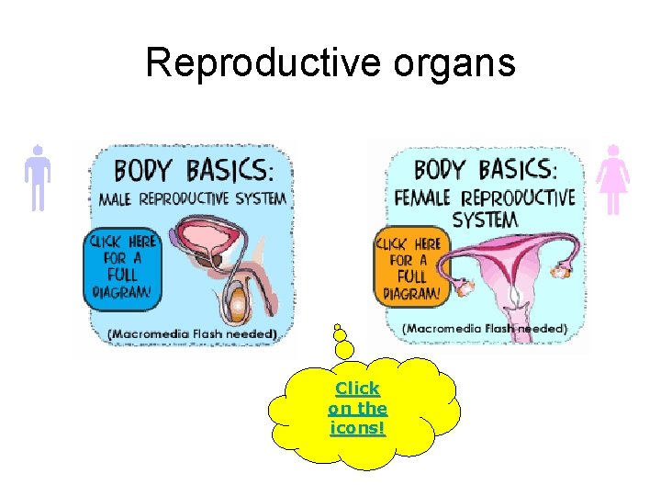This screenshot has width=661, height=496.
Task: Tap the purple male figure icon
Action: [x=37, y=178]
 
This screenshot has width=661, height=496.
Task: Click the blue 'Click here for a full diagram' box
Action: [x=123, y=267]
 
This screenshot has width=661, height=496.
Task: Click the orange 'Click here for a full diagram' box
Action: [x=409, y=266]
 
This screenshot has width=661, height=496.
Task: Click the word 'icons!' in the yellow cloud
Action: [x=357, y=428]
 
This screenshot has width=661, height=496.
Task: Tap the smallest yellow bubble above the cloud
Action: [x=338, y=325]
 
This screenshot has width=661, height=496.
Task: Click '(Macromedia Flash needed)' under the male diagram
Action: [x=193, y=333]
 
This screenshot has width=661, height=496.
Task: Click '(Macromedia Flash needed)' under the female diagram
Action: [x=485, y=328]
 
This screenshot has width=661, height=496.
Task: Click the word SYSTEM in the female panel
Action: [x=485, y=220]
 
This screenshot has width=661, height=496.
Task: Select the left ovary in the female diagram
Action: [x=465, y=287]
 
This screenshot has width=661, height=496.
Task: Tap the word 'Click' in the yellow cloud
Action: [x=357, y=389]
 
